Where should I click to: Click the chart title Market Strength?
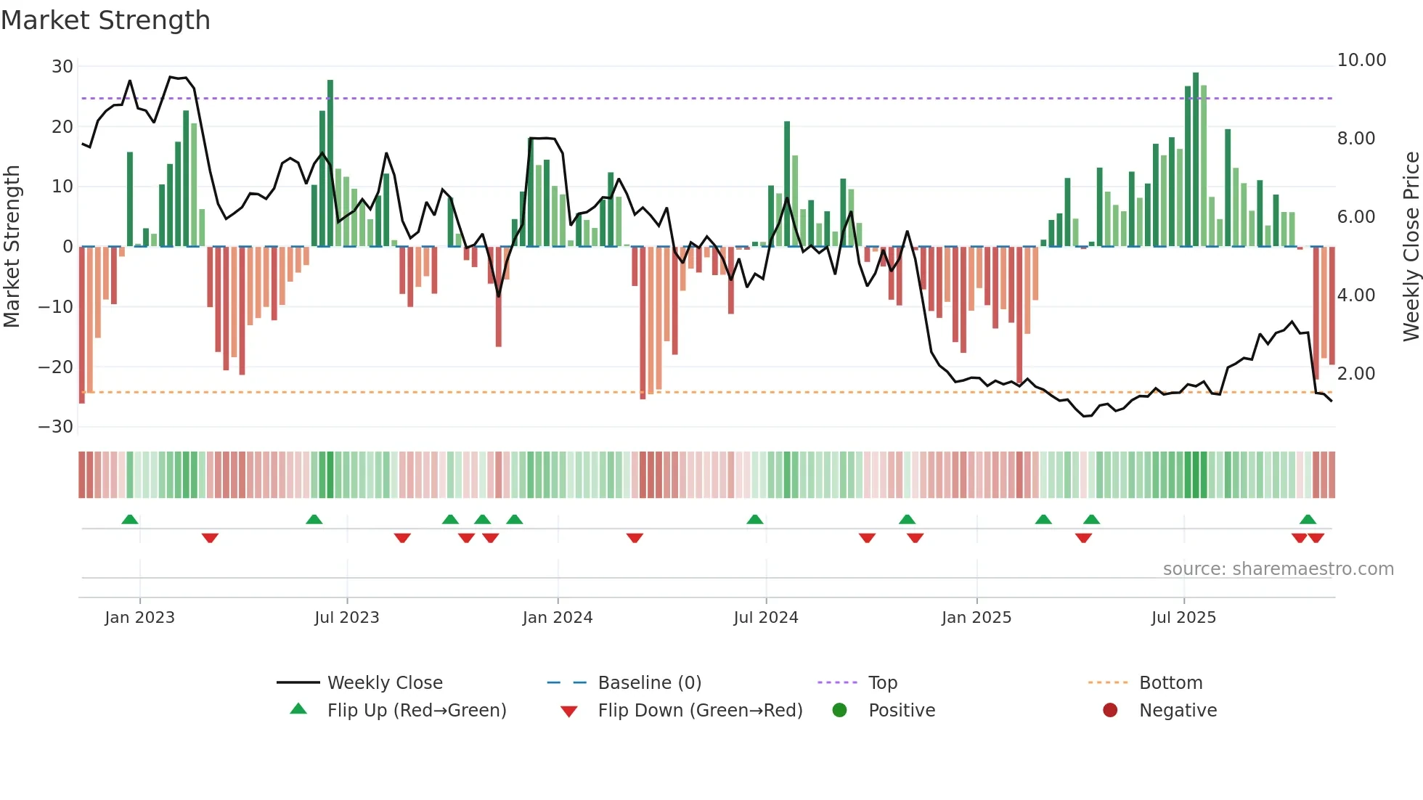pos(105,20)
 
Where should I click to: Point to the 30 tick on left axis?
pos(62,67)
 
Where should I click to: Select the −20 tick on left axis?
pos(56,367)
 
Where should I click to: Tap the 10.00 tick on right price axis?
pos(1361,60)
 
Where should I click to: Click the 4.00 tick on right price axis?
pos(1355,295)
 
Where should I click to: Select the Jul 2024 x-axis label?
pos(765,618)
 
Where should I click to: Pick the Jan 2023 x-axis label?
pos(139,618)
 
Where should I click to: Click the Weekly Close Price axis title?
pos(1411,247)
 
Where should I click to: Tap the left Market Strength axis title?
pos(12,247)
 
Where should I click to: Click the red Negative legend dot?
pos(1109,711)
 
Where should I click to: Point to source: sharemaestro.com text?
pos(1278,569)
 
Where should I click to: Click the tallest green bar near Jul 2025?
pos(1195,160)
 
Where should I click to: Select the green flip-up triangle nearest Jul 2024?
pos(754,520)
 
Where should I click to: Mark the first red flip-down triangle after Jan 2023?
pos(210,538)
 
